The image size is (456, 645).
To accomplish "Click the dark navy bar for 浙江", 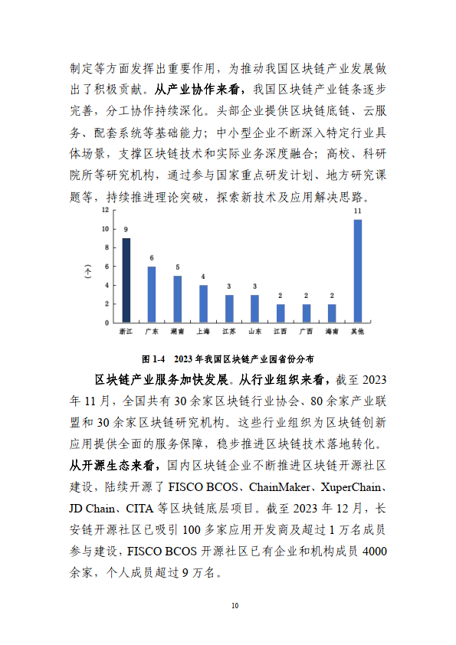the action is [x=126, y=280].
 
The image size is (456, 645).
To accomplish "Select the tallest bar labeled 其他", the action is [x=357, y=270].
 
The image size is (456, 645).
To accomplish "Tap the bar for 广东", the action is [x=152, y=294].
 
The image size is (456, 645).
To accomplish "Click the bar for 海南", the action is [x=332, y=313].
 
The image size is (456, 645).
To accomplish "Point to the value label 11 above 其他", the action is [x=357, y=211].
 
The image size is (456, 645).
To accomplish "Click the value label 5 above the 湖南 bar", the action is [x=177, y=267].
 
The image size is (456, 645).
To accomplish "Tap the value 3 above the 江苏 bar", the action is [x=228, y=286].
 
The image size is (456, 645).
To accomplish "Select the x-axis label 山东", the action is [x=254, y=332].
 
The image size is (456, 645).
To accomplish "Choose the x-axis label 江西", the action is [x=280, y=332].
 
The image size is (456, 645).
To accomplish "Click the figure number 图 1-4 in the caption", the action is [x=154, y=358].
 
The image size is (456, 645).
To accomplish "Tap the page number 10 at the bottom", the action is [x=235, y=606].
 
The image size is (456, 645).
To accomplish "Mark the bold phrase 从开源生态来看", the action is [x=113, y=465].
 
